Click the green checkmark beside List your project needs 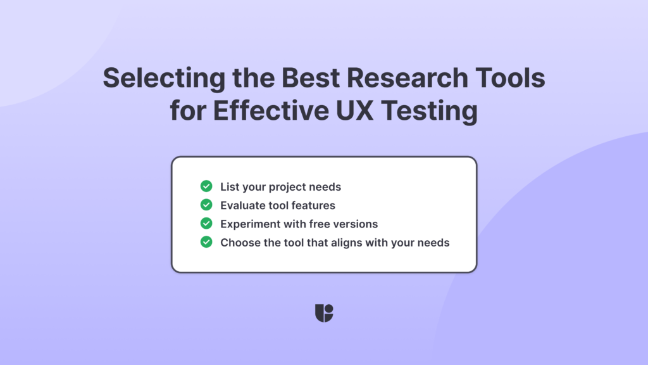[x=206, y=186]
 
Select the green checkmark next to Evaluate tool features [x=206, y=205]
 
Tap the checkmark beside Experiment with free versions [x=206, y=223]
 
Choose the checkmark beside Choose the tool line [x=206, y=242]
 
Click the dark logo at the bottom [x=324, y=313]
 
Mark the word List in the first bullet [x=228, y=187]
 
